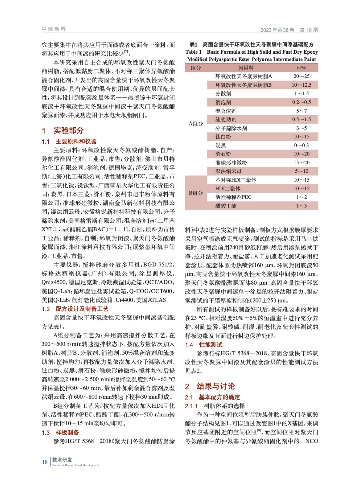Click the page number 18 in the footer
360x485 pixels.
pos(45,462)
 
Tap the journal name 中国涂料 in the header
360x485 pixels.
pos(54,29)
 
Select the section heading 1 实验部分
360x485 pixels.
pos(63,130)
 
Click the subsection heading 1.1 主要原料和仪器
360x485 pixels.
pos(69,141)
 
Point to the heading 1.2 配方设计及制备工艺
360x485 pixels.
pos(75,309)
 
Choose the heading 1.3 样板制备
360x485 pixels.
pos(60,432)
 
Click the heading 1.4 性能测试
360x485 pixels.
pos(204,345)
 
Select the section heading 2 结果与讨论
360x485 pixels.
pos(210,386)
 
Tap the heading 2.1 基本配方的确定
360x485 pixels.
pos(213,397)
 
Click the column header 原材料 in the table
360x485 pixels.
pos(246,68)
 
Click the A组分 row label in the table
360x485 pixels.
pos(196,124)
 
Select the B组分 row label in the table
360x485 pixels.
pos(196,193)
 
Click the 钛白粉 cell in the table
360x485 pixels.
pos(223,137)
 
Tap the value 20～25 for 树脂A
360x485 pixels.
pos(301,76)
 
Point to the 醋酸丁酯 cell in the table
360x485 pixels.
pos(226,206)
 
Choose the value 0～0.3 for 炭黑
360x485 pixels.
pos(301,145)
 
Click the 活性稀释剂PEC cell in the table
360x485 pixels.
pos(233,197)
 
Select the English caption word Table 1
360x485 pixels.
pos(193,52)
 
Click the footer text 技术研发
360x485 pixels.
pos(62,460)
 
